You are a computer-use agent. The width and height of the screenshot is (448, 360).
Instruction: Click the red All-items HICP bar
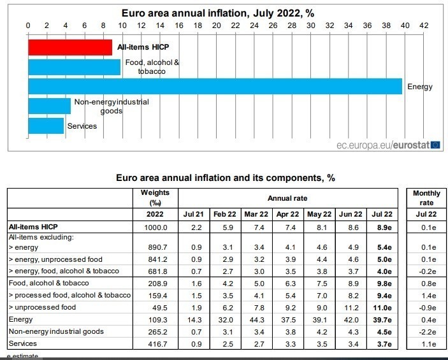click(70, 47)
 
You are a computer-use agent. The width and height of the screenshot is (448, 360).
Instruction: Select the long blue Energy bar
click(215, 86)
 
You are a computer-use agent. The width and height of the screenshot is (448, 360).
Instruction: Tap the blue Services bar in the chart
click(46, 126)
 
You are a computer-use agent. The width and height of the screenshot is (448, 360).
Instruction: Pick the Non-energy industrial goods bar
click(49, 106)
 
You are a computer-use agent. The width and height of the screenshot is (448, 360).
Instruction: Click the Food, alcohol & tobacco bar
click(74, 67)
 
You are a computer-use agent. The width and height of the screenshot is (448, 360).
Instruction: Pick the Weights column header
click(155, 198)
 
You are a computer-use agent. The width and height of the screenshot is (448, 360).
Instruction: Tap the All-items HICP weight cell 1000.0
click(155, 227)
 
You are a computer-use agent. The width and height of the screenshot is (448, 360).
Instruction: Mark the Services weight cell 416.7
click(155, 343)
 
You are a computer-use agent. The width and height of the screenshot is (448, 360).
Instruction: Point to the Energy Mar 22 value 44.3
click(259, 319)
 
